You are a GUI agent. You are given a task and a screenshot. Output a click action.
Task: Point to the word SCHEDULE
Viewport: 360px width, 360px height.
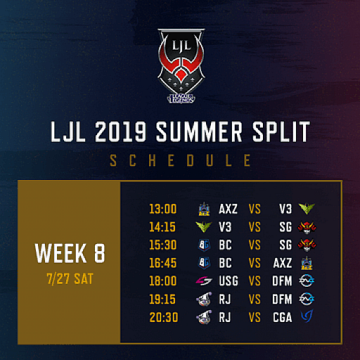[x=180, y=161]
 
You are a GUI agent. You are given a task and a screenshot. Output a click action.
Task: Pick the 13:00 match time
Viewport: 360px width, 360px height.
[x=163, y=209]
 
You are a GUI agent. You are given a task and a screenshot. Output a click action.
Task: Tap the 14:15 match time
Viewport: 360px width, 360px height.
[x=163, y=227]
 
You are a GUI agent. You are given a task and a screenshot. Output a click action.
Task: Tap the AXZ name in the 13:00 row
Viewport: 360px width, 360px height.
[x=229, y=209]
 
